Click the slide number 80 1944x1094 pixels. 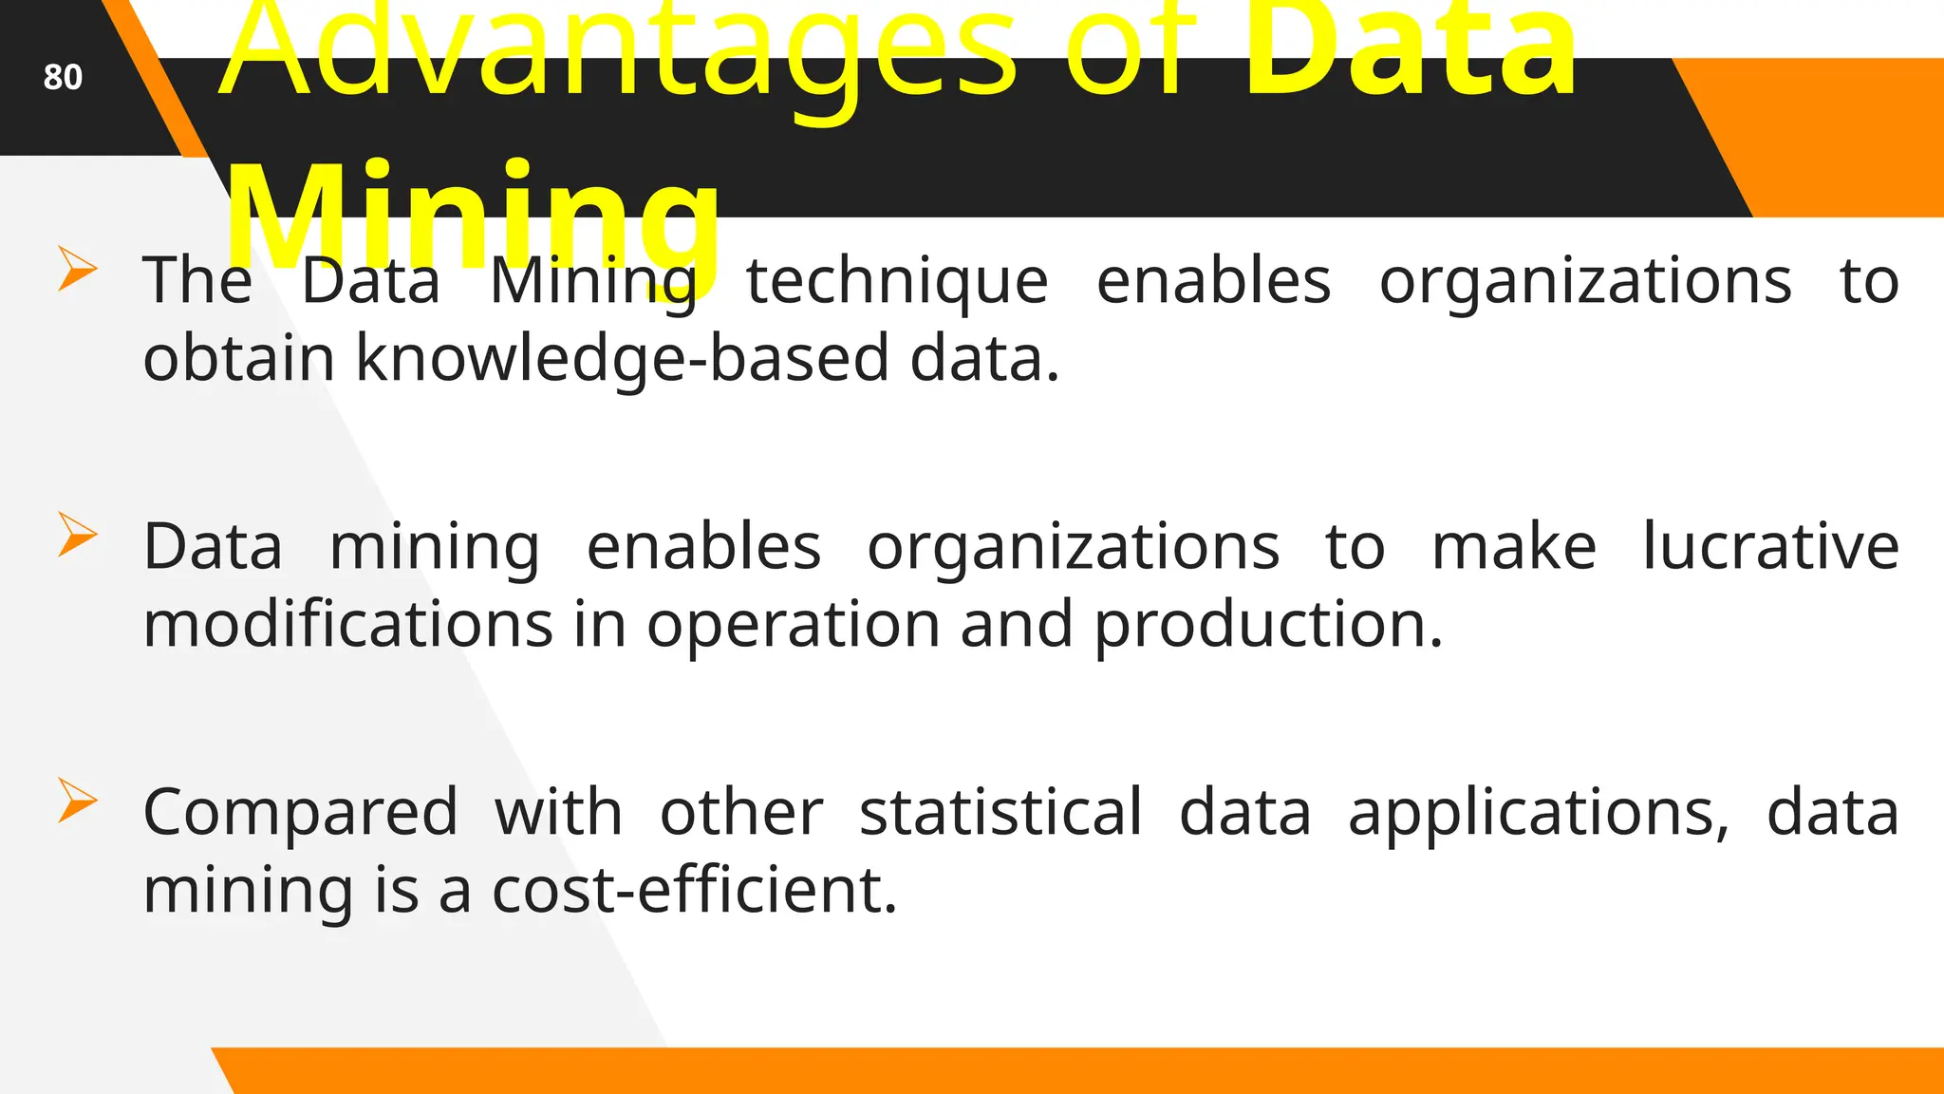[x=63, y=77]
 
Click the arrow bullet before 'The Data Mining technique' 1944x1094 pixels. [x=77, y=268]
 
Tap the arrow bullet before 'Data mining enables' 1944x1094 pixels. [x=77, y=534]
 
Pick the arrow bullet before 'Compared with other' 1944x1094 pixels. [x=77, y=800]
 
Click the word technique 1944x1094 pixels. [x=897, y=282]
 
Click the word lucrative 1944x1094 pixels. [x=1770, y=547]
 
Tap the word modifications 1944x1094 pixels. [x=347, y=626]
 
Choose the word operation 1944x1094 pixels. [x=793, y=626]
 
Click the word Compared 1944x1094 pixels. [x=300, y=814]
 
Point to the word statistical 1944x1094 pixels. [x=1000, y=814]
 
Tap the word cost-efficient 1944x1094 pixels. [x=694, y=891]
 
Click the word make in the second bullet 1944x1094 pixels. [x=1514, y=547]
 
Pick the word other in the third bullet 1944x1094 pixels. [x=741, y=814]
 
